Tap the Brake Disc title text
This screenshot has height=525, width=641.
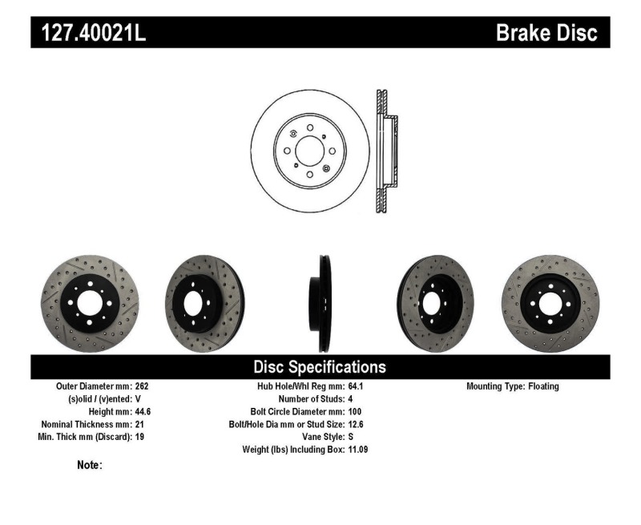pos(546,33)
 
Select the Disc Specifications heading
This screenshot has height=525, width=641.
pos(320,367)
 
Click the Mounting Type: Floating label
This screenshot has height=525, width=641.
pos(513,386)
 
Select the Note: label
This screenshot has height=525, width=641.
pos(90,465)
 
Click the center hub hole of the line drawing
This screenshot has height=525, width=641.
pos(309,150)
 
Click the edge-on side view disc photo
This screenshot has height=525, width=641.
pos(322,303)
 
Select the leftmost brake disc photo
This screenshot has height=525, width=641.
pos(90,303)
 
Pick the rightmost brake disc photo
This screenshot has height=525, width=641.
pos(550,303)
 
